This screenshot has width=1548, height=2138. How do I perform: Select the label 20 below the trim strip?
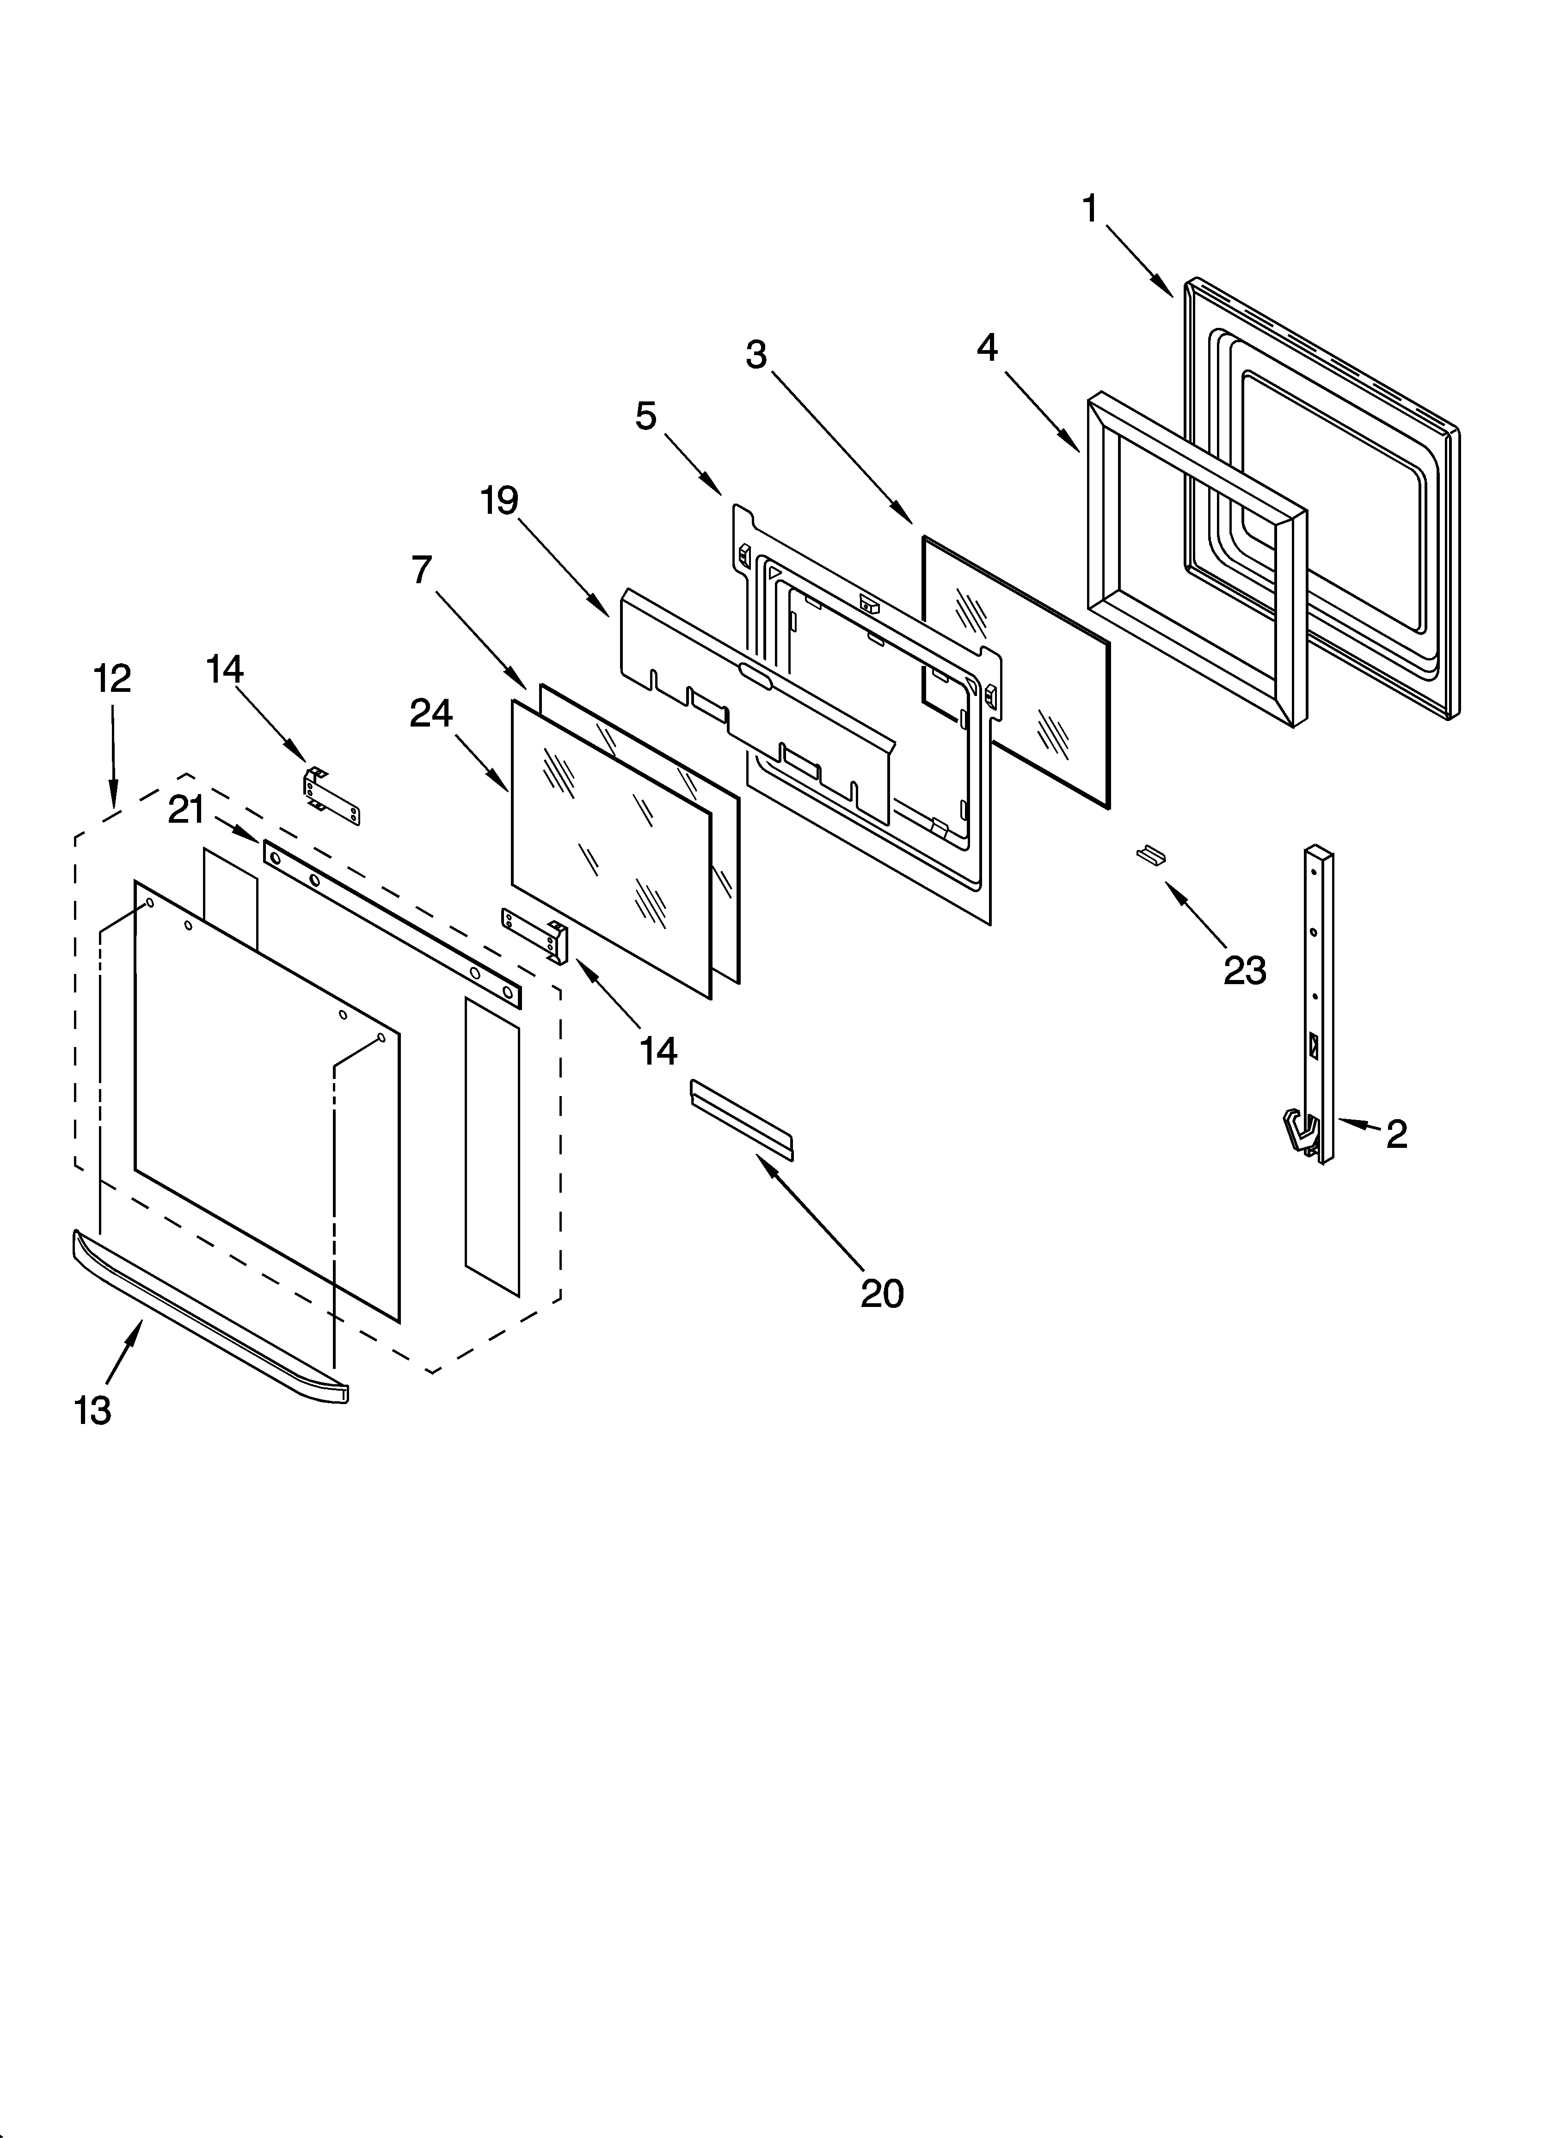pyautogui.click(x=881, y=1294)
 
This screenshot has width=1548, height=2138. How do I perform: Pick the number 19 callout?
pyautogui.click(x=500, y=500)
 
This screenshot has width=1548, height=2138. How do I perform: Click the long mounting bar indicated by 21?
pyautogui.click(x=391, y=924)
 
